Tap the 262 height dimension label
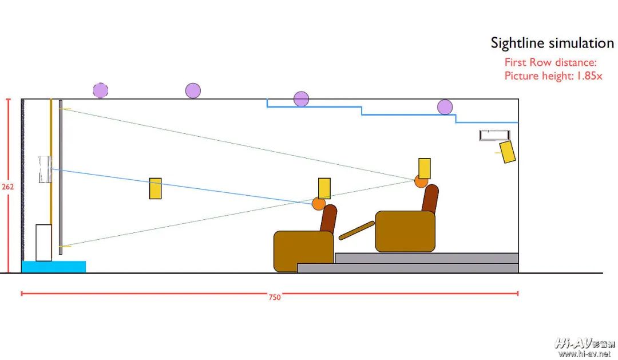point(7,187)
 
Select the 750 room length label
point(275,297)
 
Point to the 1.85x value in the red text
point(589,76)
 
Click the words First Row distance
point(550,62)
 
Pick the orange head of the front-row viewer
point(319,204)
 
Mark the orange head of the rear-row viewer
point(421,181)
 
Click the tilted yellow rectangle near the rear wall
point(507,152)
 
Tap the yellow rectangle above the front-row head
point(324,188)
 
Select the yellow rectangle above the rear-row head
point(425,168)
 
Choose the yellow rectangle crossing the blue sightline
point(155,188)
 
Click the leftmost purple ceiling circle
point(101,90)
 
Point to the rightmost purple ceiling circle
point(445,107)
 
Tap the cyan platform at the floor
point(54,267)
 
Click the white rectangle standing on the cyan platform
point(43,243)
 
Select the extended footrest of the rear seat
point(356,231)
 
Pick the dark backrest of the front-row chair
point(328,219)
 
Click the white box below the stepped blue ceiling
point(494,135)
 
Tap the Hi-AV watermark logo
point(584,343)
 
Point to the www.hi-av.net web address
point(584,354)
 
